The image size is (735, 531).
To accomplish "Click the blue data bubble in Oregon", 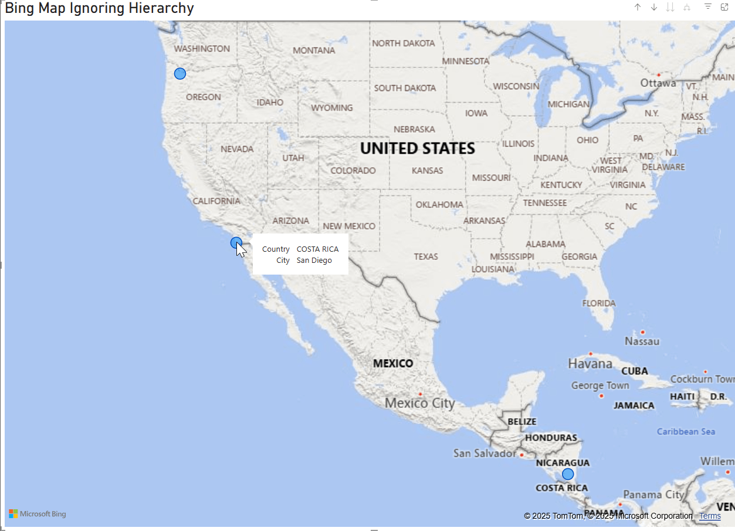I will point(180,73).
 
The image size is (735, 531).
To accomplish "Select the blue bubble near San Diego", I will point(236,242).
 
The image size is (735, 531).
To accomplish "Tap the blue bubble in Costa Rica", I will point(568,474).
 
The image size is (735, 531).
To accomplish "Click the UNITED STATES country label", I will point(417,148).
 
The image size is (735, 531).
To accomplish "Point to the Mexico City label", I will point(419,403).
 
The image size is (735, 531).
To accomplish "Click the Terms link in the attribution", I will point(710,516).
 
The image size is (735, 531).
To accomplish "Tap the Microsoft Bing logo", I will point(38,514).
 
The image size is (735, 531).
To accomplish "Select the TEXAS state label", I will point(426,256).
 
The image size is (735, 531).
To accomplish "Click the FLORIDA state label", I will point(598,303).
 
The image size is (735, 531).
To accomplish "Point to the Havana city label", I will point(590,364).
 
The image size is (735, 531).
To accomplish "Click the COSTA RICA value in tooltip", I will point(317,249).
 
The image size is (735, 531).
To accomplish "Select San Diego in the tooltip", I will point(314,261).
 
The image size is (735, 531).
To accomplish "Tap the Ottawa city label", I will point(658,83).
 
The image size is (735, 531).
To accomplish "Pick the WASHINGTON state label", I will point(202,49).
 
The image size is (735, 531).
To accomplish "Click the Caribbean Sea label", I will point(686,432).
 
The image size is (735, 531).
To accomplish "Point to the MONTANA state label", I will point(314,50).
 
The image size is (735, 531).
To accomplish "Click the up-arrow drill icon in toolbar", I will point(638,7).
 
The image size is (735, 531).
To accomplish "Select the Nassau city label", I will point(642,341).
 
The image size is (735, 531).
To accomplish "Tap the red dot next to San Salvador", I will point(521,455).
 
